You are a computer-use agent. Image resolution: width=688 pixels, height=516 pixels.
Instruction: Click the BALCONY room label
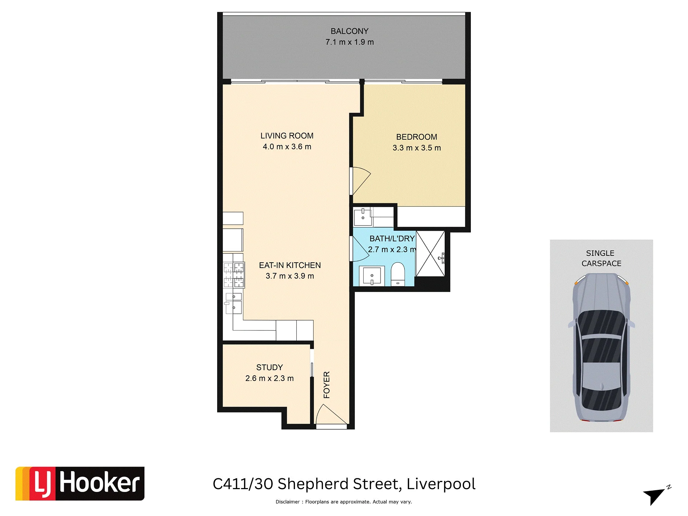click(x=349, y=31)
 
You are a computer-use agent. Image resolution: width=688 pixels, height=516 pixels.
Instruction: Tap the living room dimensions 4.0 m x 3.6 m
click(x=287, y=147)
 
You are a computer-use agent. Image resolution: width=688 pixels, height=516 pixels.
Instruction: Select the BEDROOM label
click(x=416, y=137)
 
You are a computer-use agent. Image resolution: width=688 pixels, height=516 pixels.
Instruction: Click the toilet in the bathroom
click(x=397, y=274)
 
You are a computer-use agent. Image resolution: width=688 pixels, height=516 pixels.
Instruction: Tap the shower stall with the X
click(x=430, y=254)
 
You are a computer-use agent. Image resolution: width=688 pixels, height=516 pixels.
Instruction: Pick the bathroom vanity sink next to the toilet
click(x=372, y=276)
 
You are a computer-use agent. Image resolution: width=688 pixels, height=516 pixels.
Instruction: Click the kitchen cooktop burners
click(x=234, y=275)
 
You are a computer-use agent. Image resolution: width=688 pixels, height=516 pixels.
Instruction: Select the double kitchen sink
click(x=234, y=303)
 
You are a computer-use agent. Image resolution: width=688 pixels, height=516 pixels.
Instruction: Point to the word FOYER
click(x=326, y=385)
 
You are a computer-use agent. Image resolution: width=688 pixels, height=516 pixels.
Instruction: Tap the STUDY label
click(x=269, y=367)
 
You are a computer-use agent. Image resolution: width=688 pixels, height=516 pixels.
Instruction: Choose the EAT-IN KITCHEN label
click(x=290, y=265)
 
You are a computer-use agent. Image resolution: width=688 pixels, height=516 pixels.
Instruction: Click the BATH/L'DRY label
click(x=392, y=239)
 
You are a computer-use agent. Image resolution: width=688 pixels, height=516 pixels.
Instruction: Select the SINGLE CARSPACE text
click(x=601, y=258)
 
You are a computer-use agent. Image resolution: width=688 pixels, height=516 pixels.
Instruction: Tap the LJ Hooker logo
click(x=80, y=483)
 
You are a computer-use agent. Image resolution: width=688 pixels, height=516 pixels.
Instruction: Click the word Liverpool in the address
click(x=441, y=484)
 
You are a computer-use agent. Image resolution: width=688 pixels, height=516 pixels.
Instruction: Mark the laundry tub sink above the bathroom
click(x=363, y=216)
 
